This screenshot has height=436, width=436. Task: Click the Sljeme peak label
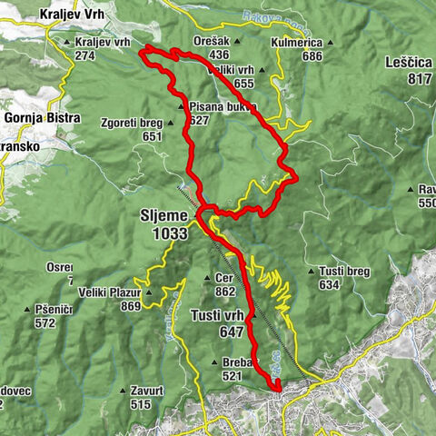point(163,216)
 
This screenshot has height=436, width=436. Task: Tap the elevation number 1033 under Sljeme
point(170,233)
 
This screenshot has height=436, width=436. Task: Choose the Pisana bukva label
point(223,106)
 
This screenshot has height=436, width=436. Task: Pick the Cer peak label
point(225,279)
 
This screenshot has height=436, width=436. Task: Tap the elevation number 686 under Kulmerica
point(312,56)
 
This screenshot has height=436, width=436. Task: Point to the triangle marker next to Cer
point(210,279)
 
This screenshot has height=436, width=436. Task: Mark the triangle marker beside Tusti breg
point(312,271)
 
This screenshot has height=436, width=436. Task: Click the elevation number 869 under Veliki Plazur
point(131,306)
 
